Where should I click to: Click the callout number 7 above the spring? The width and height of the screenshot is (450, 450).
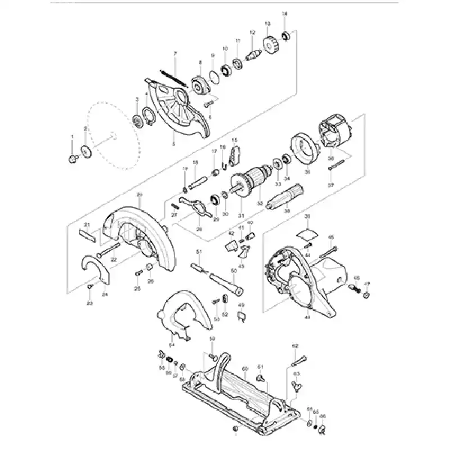tap(175, 53)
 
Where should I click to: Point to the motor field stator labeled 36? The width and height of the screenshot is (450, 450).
tap(335, 138)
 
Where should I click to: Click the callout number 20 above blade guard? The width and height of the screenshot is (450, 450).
tap(139, 195)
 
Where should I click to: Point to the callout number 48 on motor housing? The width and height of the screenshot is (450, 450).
tap(308, 318)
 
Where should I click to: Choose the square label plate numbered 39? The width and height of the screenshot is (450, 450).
tap(307, 231)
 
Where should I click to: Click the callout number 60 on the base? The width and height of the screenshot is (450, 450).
tap(245, 368)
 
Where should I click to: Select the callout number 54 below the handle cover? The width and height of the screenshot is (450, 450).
tap(172, 344)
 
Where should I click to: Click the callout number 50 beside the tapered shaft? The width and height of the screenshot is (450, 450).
tap(233, 271)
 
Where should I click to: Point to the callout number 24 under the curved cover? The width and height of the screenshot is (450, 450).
tap(105, 294)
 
